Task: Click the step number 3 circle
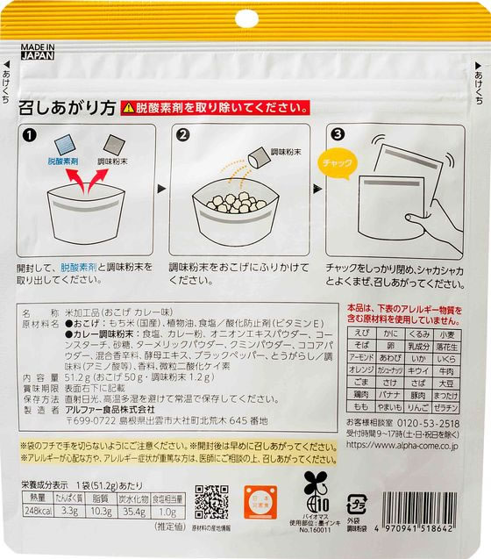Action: pyautogui.click(x=338, y=136)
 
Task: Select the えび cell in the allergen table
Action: pyautogui.click(x=361, y=334)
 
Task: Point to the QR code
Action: pyautogui.click(x=211, y=502)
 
